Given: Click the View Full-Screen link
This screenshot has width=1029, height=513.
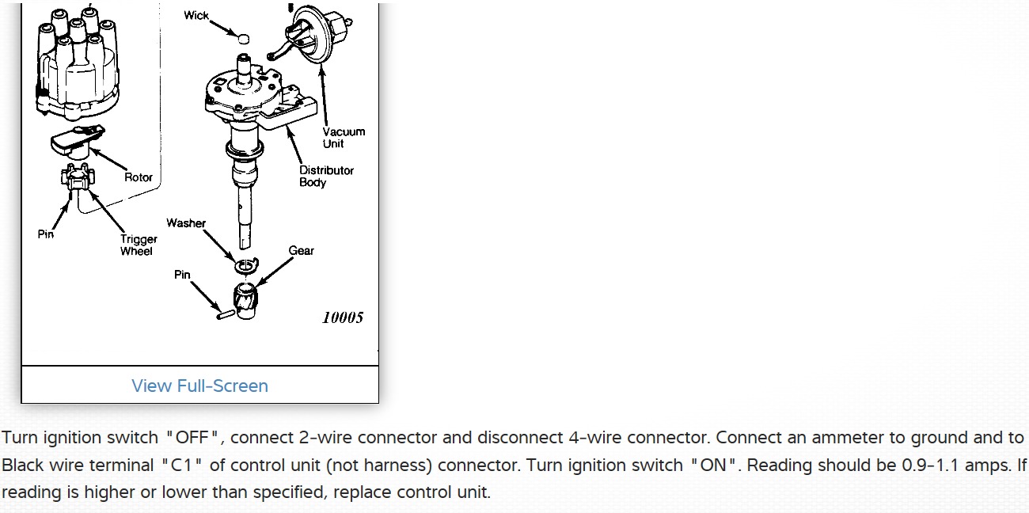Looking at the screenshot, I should tap(199, 386).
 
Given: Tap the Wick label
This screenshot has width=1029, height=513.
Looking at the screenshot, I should tap(196, 15).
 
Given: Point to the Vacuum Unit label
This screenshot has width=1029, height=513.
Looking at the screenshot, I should tap(344, 138).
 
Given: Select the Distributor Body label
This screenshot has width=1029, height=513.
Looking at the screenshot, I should tap(326, 176).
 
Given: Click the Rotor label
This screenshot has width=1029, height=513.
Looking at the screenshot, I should tap(139, 177).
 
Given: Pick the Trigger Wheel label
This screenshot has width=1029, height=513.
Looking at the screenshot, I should tap(139, 245).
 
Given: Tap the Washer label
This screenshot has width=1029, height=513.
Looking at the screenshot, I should tap(186, 223).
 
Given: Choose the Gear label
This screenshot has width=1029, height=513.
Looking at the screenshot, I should tap(301, 250).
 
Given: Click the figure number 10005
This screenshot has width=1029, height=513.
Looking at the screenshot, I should tap(343, 317).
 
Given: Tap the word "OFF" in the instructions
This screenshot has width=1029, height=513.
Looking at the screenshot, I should tap(194, 438).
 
